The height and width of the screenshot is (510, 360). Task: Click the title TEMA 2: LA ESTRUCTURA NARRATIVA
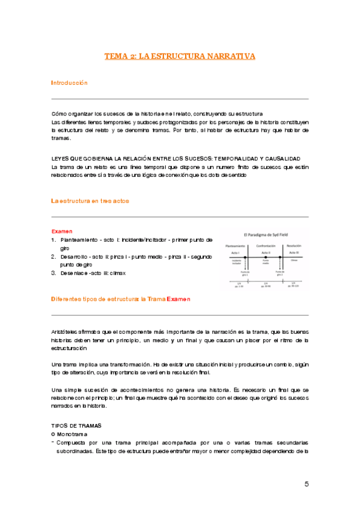[180, 56]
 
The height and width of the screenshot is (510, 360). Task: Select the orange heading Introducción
[69, 82]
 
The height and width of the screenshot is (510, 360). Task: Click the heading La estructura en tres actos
[90, 200]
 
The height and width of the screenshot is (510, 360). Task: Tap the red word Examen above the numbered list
[62, 231]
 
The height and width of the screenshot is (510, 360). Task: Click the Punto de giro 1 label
[236, 272]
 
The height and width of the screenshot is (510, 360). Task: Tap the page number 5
[307, 485]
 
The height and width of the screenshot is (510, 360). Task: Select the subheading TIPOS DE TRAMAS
[76, 425]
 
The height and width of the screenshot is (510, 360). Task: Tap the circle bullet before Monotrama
[53, 434]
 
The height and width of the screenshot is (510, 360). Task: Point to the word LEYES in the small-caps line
[61, 158]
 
